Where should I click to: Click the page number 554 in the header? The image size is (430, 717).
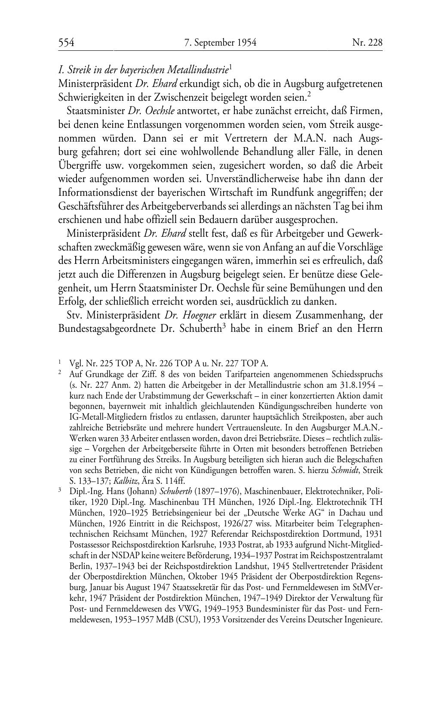coord(67,42)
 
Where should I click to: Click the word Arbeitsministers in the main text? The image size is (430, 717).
coord(135,261)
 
